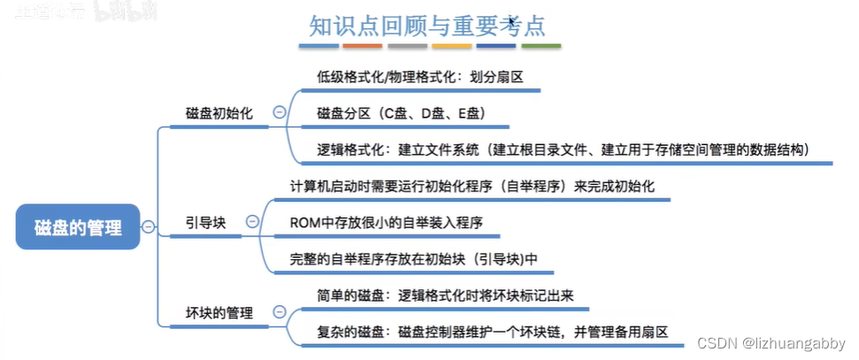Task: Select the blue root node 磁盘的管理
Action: coord(78,226)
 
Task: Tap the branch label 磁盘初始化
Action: coord(219,113)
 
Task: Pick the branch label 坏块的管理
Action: coord(219,312)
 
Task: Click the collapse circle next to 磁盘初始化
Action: coord(280,113)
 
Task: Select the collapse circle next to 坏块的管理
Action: coord(280,312)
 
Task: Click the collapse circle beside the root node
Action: coord(148,226)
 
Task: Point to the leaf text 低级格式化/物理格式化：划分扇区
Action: coord(419,77)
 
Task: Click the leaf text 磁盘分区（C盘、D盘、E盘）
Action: coord(400,113)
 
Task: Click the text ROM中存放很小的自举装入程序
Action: coord(387,223)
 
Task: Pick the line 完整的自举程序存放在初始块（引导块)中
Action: coord(414,259)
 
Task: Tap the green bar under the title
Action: coord(541,45)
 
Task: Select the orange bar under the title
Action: coord(362,45)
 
